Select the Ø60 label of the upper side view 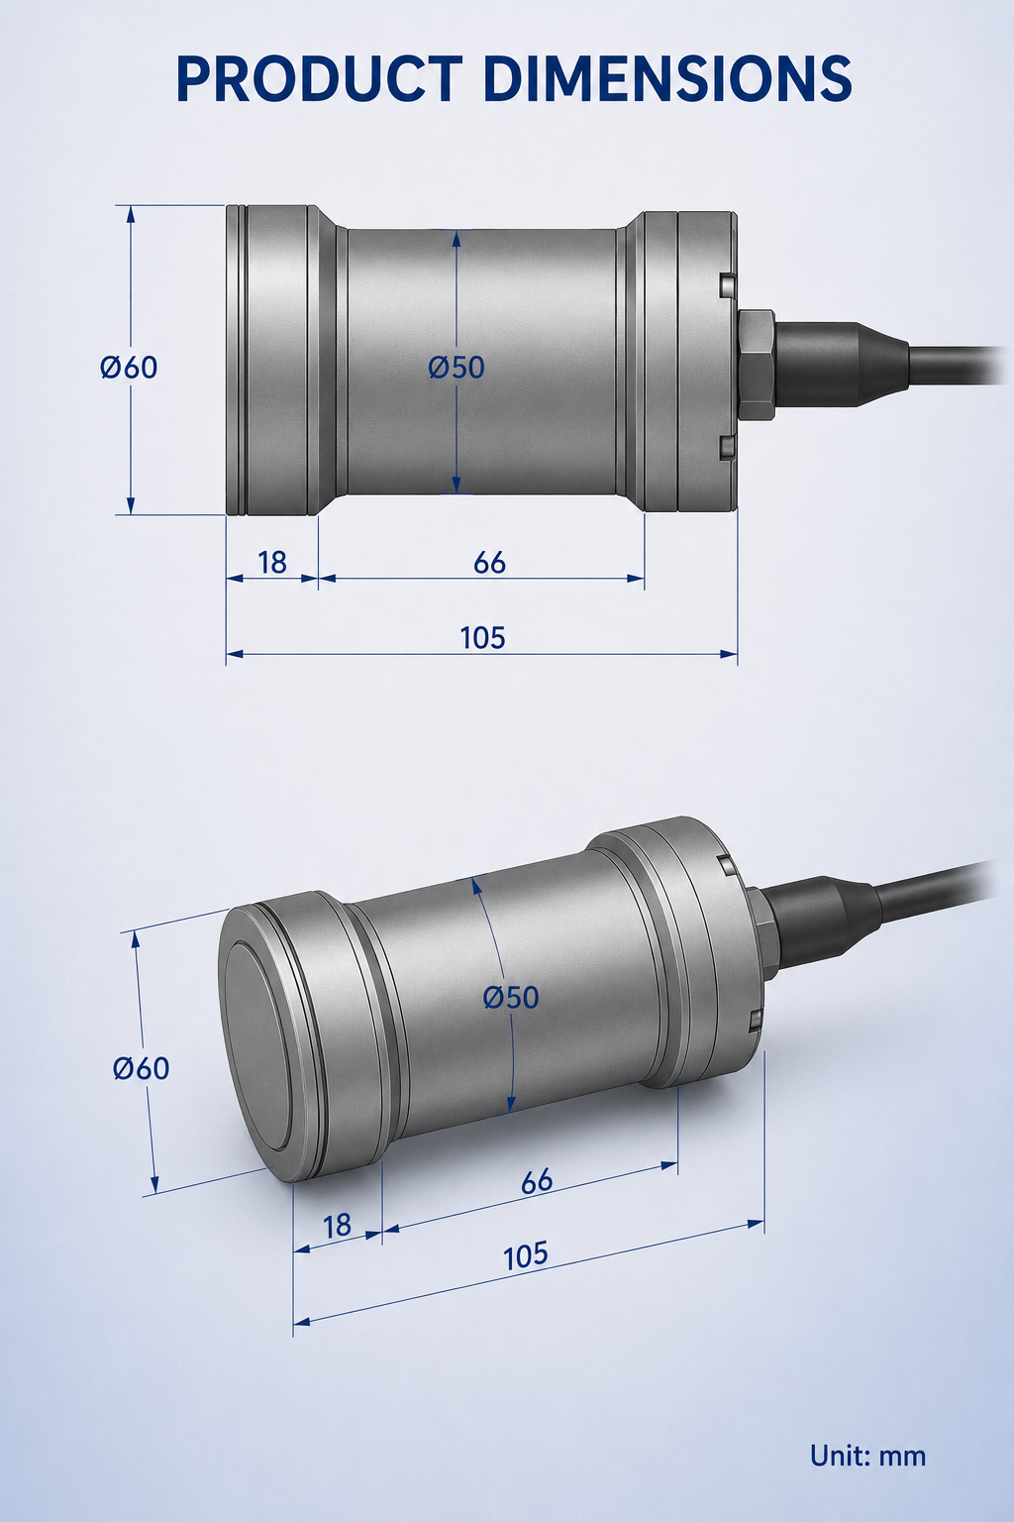pyautogui.click(x=129, y=368)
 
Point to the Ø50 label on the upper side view pyautogui.click(x=456, y=368)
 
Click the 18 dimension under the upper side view pyautogui.click(x=272, y=563)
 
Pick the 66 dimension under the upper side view pyautogui.click(x=490, y=563)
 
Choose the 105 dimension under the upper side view pyautogui.click(x=483, y=638)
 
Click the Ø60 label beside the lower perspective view pyautogui.click(x=142, y=1068)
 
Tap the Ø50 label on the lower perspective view pyautogui.click(x=511, y=998)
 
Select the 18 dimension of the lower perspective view pyautogui.click(x=338, y=1227)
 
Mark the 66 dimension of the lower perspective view pyautogui.click(x=538, y=1181)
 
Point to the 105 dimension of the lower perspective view pyautogui.click(x=527, y=1255)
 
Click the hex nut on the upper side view pyautogui.click(x=756, y=365)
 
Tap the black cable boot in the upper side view pyautogui.click(x=842, y=365)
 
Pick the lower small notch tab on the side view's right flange pyautogui.click(x=727, y=447)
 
